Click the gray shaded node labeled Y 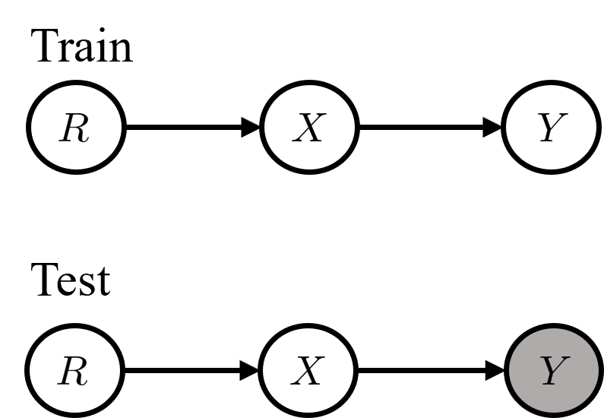[553, 371]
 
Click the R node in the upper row [76, 127]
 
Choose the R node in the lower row [74, 371]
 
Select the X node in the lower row [308, 371]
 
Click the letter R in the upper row [74, 128]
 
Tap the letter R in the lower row [73, 372]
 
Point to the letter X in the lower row [308, 372]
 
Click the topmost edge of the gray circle [553, 328]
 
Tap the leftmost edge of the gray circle [509, 371]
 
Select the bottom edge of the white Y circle [552, 171]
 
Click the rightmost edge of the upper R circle [121, 127]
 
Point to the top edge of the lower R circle [74, 328]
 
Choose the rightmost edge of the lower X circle [353, 371]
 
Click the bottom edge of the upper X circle [309, 171]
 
